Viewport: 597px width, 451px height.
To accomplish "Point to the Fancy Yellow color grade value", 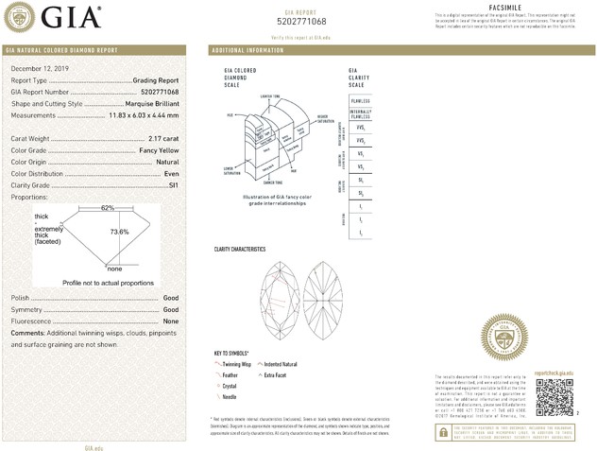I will pos(158,150).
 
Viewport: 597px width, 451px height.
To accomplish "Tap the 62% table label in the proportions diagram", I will pos(108,207).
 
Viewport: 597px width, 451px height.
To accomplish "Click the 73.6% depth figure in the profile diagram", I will pos(119,232).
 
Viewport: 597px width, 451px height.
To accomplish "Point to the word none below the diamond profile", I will pos(115,269).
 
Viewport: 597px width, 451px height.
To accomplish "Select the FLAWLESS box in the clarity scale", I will pos(360,99).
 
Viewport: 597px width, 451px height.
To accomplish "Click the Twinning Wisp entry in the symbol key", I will pos(236,364).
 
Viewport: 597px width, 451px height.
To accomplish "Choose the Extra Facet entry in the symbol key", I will pos(282,374).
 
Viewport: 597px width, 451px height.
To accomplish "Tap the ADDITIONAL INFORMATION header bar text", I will pos(247,49).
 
